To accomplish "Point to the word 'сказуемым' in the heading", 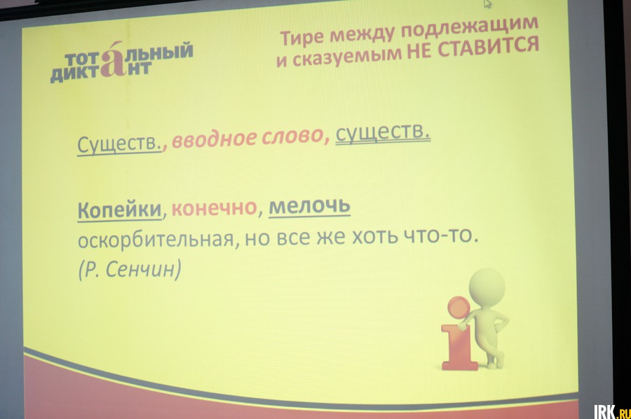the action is (x=347, y=57).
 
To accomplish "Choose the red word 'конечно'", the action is (x=215, y=207).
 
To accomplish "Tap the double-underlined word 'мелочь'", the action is (x=309, y=206).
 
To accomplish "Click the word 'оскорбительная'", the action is (x=156, y=240).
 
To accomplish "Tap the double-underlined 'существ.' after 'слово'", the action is (x=383, y=132).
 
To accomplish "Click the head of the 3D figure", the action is (x=487, y=288).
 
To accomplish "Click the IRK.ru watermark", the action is (x=611, y=412).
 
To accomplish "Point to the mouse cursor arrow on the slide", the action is (x=487, y=4).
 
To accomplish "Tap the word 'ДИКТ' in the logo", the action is (x=75, y=74).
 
